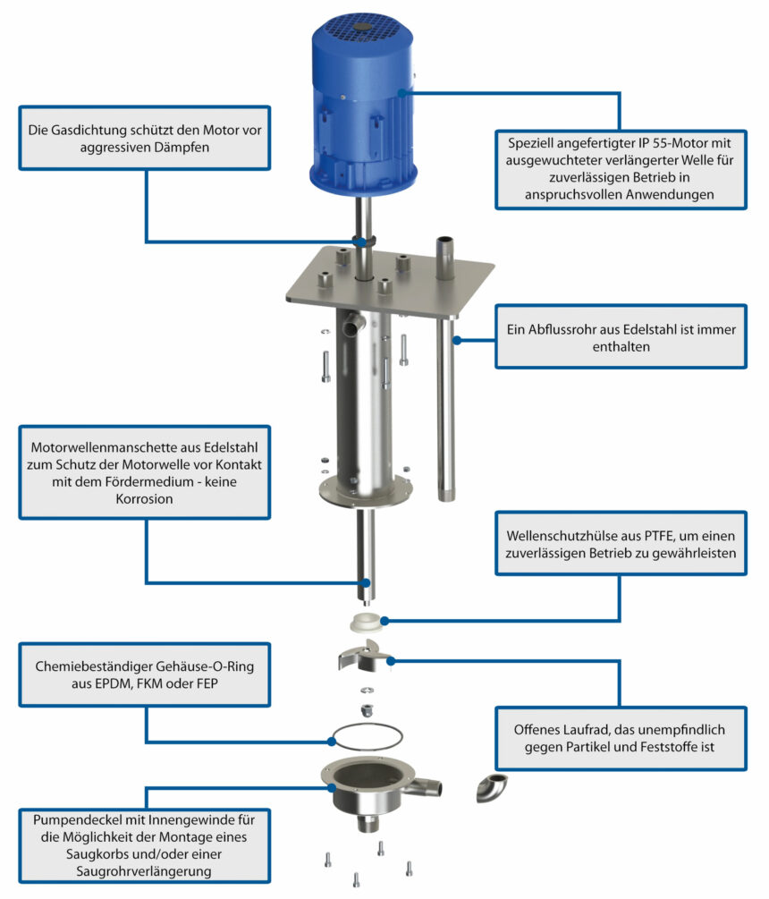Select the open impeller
pyautogui.click(x=363, y=656)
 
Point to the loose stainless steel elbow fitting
pyautogui.click(x=492, y=786)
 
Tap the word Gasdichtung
pyautogui.click(x=82, y=130)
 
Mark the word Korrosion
pyautogui.click(x=144, y=499)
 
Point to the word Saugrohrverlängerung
pyautogui.click(x=144, y=871)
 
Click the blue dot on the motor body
pyautogui.click(x=401, y=92)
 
